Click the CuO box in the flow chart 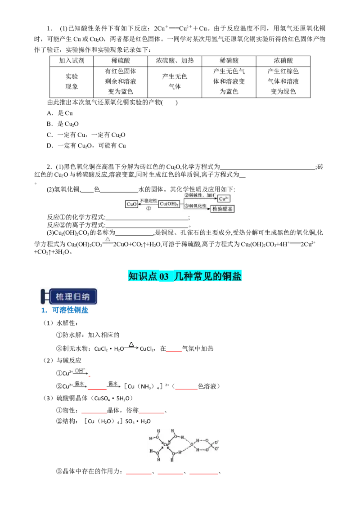tap(131, 204)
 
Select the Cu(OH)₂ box tap(169, 204)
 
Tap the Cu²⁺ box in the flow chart tap(224, 198)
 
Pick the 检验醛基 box tap(223, 209)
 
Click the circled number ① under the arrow tap(148, 208)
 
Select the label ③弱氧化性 tap(198, 206)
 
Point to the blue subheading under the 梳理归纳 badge tap(65, 310)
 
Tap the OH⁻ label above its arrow tap(80, 371)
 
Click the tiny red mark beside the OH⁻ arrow tap(90, 376)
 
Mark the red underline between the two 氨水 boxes tap(97, 390)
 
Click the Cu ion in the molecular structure tap(166, 445)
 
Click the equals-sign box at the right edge tap(295, 242)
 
